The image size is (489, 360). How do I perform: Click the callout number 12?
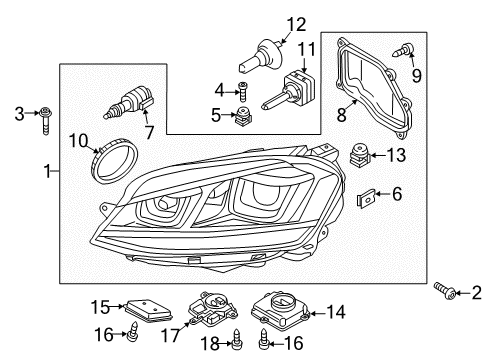point(296,25)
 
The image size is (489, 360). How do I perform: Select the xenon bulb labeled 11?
point(288,90)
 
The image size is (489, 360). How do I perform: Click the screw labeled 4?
point(242,91)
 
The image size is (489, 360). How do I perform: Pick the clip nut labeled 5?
point(243,116)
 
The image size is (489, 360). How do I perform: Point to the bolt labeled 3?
point(46,120)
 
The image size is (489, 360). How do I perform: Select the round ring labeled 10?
point(114,161)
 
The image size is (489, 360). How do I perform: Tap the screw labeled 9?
point(404,51)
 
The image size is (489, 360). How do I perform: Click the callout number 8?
point(341,114)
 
